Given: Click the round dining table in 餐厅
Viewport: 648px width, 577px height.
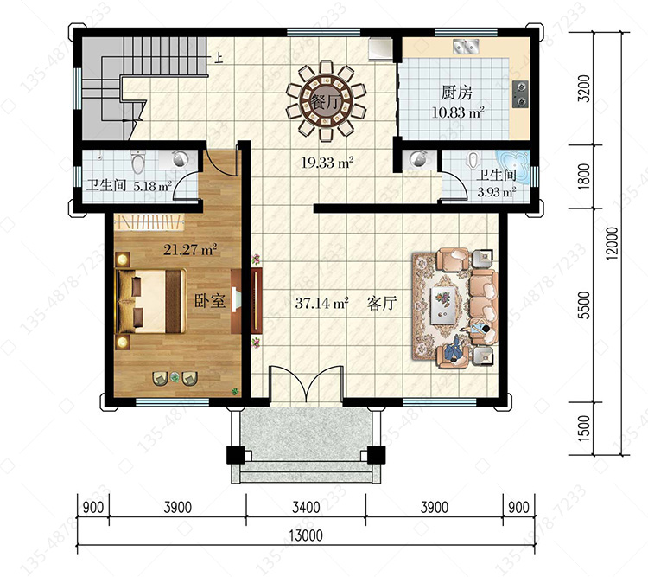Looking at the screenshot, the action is click(x=326, y=101).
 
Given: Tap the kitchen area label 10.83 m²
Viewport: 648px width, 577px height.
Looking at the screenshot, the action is click(x=457, y=112).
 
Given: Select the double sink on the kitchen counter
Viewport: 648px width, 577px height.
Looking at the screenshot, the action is click(x=466, y=47).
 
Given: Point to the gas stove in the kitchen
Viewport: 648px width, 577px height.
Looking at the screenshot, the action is click(x=520, y=94).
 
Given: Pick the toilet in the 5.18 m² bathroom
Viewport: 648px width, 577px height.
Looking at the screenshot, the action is click(x=138, y=162).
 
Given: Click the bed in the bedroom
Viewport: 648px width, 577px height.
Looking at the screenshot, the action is click(x=150, y=301).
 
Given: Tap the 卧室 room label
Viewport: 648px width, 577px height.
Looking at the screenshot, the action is click(x=210, y=301).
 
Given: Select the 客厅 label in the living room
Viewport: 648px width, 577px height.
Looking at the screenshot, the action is click(x=382, y=304).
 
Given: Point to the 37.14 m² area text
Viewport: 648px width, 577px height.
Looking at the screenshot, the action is click(x=321, y=303).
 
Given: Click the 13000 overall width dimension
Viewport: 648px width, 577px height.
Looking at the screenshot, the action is click(x=305, y=535).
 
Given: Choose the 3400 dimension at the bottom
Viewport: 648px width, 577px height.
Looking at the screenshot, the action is click(x=306, y=507).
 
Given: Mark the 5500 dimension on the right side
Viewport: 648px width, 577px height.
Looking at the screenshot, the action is click(x=584, y=305).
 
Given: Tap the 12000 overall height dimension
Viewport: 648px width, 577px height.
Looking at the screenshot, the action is click(x=612, y=243).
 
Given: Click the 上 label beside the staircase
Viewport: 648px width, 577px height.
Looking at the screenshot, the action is click(x=219, y=57).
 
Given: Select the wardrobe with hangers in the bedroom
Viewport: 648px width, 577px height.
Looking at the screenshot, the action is click(x=149, y=221).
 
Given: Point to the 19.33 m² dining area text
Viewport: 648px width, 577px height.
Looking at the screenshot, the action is click(x=327, y=163).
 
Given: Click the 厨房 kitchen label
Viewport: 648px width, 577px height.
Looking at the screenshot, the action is click(x=456, y=93).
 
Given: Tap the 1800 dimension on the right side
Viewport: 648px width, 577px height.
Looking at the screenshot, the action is click(x=584, y=176).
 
